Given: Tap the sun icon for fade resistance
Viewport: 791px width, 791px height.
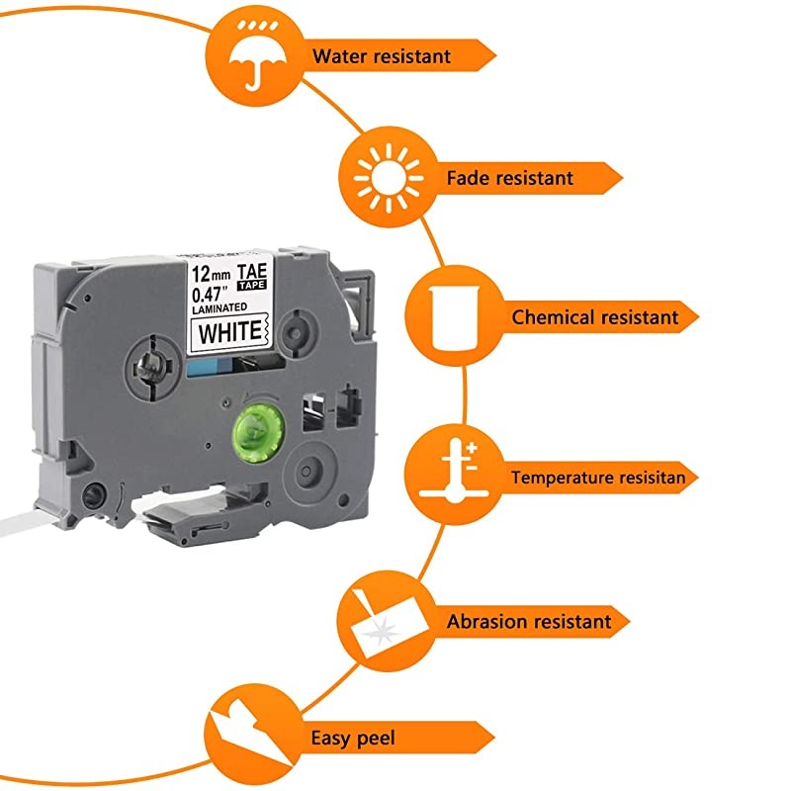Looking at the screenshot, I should point(382,177).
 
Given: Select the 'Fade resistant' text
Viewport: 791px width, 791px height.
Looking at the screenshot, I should point(509,178).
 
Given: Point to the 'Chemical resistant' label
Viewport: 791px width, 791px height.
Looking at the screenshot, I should point(594,317).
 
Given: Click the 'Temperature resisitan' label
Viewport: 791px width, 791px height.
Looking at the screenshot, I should point(604,478).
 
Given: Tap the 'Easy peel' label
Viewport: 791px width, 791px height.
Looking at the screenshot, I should point(353,738).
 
